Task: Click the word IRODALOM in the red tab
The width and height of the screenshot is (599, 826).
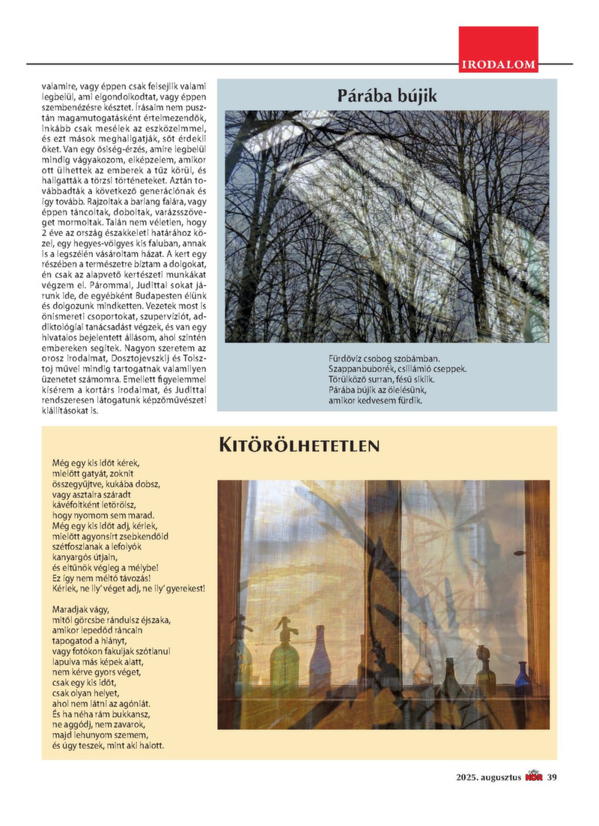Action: pos(499,65)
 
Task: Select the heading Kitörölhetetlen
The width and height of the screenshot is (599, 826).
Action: pos(299,445)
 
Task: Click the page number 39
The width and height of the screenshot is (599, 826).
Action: pos(553,777)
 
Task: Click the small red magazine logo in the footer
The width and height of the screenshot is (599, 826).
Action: pos(535,777)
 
